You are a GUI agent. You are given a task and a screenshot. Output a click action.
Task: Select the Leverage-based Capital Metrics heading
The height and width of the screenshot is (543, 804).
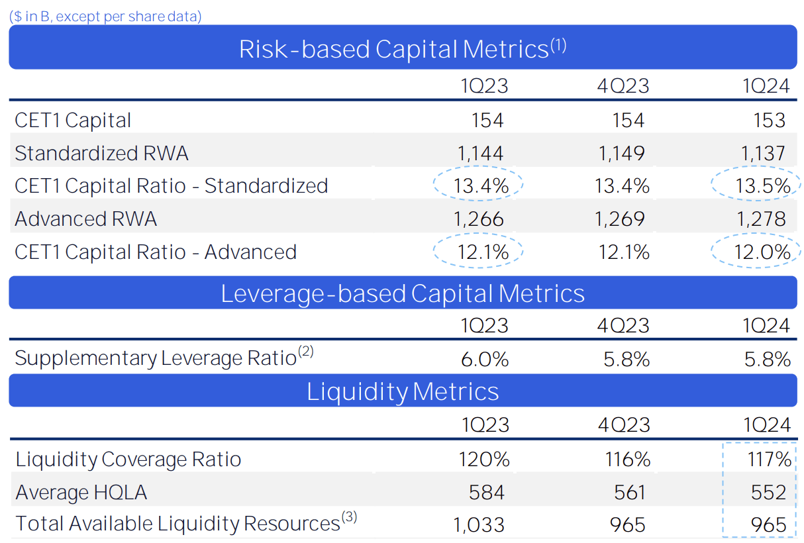[402, 293]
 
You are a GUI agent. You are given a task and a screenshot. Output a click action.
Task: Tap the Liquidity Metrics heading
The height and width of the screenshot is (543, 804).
[402, 391]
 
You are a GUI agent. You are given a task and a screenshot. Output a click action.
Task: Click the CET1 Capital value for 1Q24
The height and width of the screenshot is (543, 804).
[768, 120]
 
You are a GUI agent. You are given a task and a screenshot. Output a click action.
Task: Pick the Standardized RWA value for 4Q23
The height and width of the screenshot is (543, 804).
[621, 153]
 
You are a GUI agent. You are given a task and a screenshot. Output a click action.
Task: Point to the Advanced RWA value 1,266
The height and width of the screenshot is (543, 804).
[480, 219]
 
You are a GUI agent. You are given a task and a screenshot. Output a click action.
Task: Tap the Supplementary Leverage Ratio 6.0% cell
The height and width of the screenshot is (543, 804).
[485, 359]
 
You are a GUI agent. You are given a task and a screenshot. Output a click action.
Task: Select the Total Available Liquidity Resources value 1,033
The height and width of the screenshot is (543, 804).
[479, 525]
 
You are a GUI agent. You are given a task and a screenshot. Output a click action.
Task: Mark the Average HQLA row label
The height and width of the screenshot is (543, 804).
[81, 492]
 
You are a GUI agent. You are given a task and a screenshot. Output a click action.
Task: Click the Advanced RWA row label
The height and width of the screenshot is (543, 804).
[85, 219]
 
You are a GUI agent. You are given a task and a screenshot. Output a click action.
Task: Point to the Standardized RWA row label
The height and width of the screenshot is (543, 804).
[101, 153]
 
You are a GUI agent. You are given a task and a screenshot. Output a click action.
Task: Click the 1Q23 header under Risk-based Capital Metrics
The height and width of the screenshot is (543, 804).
[485, 86]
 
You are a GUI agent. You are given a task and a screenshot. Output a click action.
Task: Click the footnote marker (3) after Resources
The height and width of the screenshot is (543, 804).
[349, 518]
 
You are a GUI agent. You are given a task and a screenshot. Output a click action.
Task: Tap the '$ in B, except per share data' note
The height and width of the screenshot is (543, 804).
[106, 17]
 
